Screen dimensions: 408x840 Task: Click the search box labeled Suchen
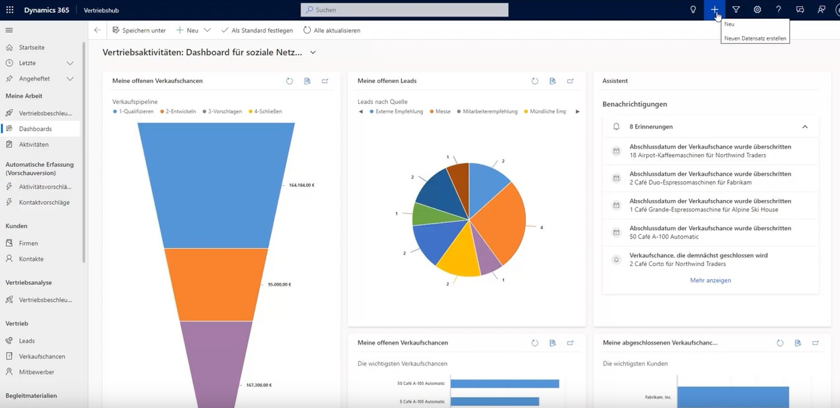pos(404,10)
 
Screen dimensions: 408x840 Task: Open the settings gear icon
pos(757,9)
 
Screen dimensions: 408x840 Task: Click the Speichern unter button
pos(139,30)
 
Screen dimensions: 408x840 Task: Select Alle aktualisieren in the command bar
pos(331,30)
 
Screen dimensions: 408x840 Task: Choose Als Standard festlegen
pos(257,30)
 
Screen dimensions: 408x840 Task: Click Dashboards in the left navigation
pos(35,129)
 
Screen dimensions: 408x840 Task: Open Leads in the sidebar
pos(26,341)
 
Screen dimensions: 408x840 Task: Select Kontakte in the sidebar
pos(31,259)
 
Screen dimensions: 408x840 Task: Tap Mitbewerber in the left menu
pos(36,372)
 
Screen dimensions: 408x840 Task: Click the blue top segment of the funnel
pos(216,182)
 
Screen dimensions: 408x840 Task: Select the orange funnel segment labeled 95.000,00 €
pos(216,284)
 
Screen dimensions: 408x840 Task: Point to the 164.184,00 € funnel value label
pos(301,185)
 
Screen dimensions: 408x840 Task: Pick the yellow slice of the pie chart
pos(458,260)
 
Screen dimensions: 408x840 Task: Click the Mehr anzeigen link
pos(710,280)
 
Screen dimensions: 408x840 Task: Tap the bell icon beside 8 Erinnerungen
pos(616,126)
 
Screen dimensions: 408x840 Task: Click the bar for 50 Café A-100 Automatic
pos(504,384)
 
